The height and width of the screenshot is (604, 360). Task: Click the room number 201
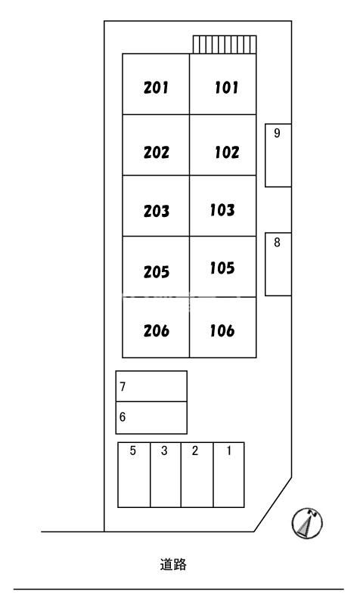[x=156, y=88]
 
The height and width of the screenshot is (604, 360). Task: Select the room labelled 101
[x=227, y=88]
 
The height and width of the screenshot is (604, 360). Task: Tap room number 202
[x=156, y=152]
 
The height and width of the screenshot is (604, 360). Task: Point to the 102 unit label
[x=227, y=152]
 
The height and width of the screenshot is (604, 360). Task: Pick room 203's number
[x=156, y=211]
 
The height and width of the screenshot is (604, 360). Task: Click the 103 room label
[x=222, y=210]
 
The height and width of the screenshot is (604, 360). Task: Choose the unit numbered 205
[x=156, y=272]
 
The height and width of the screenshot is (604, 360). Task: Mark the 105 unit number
[x=222, y=268]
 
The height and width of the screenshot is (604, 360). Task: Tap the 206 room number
[x=156, y=330]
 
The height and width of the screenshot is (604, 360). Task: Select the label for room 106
[x=222, y=330]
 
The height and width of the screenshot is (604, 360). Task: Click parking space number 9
[x=278, y=155]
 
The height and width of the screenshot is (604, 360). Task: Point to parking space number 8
[x=278, y=265]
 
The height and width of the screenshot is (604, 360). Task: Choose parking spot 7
[x=151, y=386]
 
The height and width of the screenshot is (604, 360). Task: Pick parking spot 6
[x=151, y=418]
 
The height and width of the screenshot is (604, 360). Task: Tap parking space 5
[x=134, y=475]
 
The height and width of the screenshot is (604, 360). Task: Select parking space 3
[x=166, y=475]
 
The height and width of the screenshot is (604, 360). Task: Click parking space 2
[x=197, y=475]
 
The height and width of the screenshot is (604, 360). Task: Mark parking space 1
[x=228, y=475]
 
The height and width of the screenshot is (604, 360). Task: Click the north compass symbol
[x=307, y=523]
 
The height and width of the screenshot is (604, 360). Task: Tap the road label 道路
[x=173, y=565]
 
